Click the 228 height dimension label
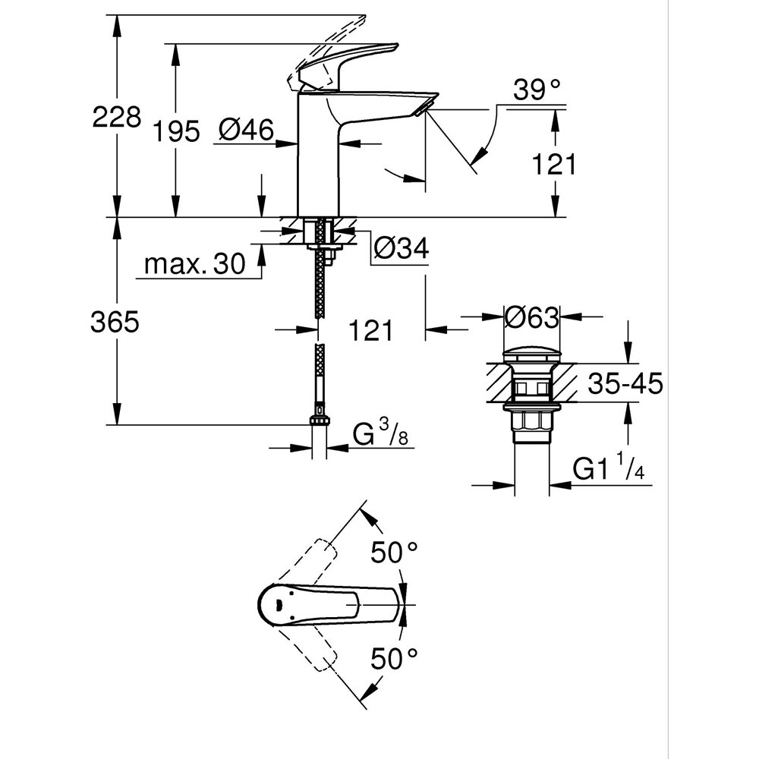pyautogui.click(x=116, y=117)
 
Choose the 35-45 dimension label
pyautogui.click(x=625, y=384)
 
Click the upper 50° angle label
pyautogui.click(x=395, y=552)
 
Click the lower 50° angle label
pyautogui.click(x=395, y=657)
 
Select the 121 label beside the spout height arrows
pyautogui.click(x=555, y=164)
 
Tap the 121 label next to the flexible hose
pyautogui.click(x=371, y=330)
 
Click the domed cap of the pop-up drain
pyautogui.click(x=531, y=354)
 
